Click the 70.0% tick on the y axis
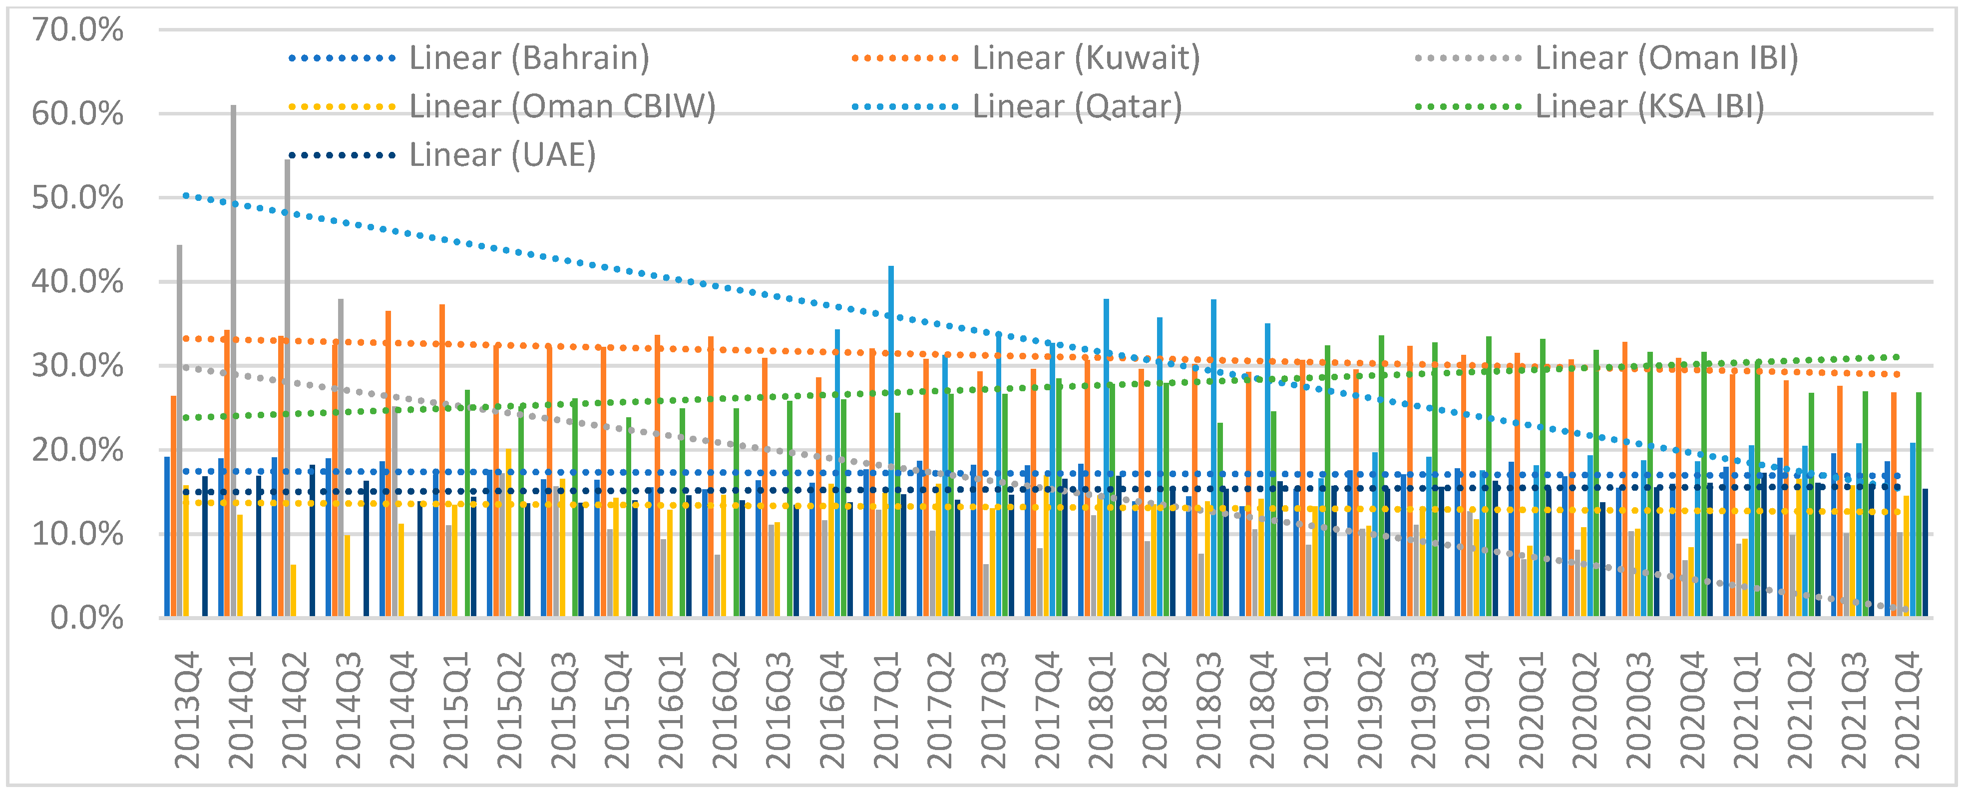77,30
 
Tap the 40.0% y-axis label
77,282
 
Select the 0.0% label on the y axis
86,618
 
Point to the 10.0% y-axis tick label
77,534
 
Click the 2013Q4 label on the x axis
187,710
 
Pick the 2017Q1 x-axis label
885,710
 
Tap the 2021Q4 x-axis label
1907,710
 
